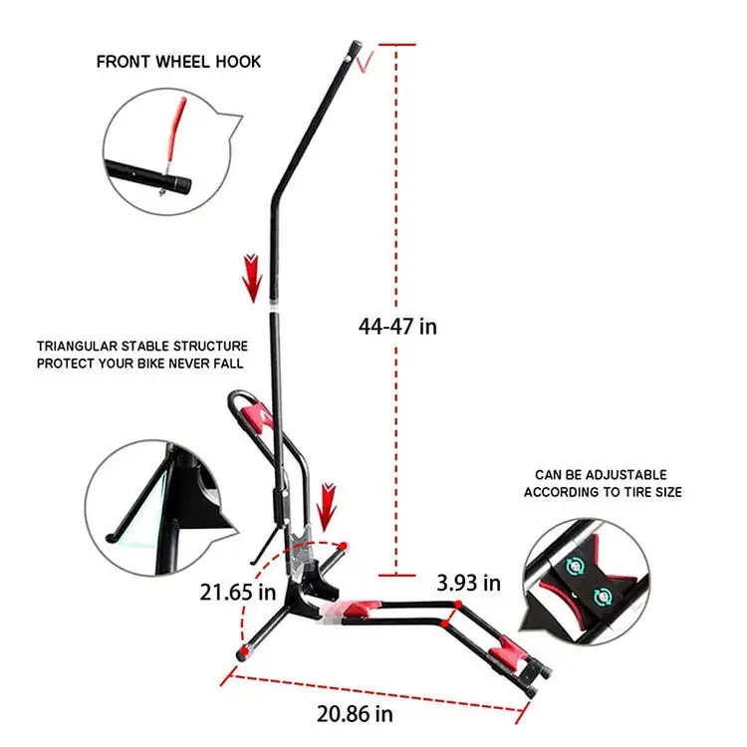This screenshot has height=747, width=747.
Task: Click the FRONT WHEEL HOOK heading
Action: pos(178,62)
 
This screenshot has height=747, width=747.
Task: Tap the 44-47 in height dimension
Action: pos(397,326)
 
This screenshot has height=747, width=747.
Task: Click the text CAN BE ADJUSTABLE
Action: pos(601,475)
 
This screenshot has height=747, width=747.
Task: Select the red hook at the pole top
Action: pos(366,63)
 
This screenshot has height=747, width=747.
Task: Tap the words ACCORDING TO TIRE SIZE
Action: pos(603,492)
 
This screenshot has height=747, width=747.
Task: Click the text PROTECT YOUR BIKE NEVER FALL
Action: pos(139,364)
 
